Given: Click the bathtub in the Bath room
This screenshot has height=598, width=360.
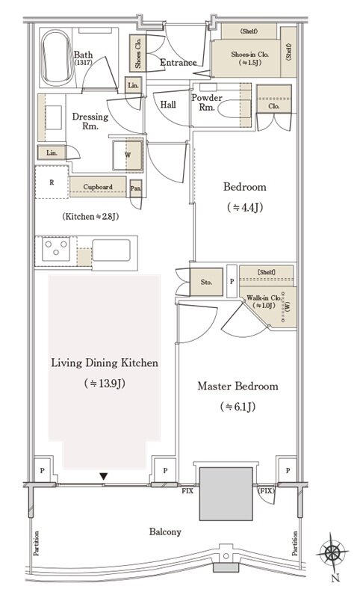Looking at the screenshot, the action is pos(58,58).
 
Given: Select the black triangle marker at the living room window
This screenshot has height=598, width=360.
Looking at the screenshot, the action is pos(104,476).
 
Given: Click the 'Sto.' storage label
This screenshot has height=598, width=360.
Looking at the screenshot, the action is pos(206,283).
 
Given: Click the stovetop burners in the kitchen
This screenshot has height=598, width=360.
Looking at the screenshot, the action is pos(56,249).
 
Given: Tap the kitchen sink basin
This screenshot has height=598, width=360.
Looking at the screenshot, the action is pos(111,250).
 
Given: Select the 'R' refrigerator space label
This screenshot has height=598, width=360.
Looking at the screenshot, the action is pos(52,182).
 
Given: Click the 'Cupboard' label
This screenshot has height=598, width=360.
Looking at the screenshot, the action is pos(98,187).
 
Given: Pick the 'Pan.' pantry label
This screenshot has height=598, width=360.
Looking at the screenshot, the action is pos(136,188).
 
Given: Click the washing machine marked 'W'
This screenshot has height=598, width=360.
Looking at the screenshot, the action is pos(127,155).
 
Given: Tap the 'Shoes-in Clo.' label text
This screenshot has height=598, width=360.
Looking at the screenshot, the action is pos(250,55).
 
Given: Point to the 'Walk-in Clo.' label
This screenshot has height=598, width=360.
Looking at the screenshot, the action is pos(264,298).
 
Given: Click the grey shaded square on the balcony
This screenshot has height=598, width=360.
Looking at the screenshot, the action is pos(226,493).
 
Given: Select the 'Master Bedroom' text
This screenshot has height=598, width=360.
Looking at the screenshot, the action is pos(238,386).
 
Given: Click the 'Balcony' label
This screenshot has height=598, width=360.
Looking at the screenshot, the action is pos(165,532).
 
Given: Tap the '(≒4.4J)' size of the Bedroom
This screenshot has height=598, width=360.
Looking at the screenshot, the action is pos(245,208).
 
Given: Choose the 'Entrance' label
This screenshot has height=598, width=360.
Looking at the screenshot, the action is pos(179,63).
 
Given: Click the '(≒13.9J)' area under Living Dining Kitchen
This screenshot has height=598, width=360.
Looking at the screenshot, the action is pos(105,383).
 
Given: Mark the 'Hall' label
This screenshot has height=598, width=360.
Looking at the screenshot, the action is pos(168,104).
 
